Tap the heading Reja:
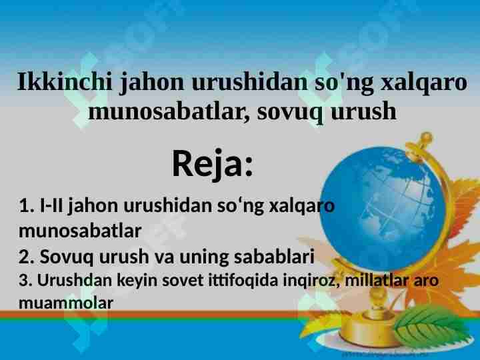click(x=213, y=163)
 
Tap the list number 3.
click(x=25, y=280)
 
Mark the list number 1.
click(x=25, y=206)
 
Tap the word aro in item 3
click(x=427, y=280)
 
